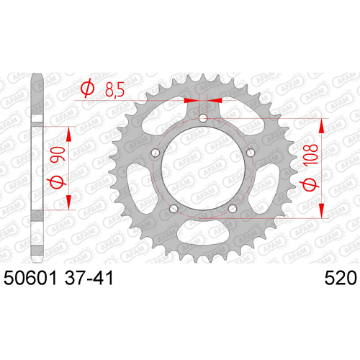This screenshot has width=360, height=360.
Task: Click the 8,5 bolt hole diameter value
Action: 114,89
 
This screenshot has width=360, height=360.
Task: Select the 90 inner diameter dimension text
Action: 58,154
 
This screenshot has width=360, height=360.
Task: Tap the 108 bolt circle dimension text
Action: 310,155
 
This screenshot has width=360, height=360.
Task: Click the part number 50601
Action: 30,278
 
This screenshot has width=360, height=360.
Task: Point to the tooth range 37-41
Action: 89,278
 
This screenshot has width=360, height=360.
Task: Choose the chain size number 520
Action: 341,278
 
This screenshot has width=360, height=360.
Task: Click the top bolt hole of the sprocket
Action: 203,117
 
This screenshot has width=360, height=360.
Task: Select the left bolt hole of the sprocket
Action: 156,153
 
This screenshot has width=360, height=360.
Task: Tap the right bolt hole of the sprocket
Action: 251,153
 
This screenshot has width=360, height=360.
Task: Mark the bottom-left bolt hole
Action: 174,208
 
